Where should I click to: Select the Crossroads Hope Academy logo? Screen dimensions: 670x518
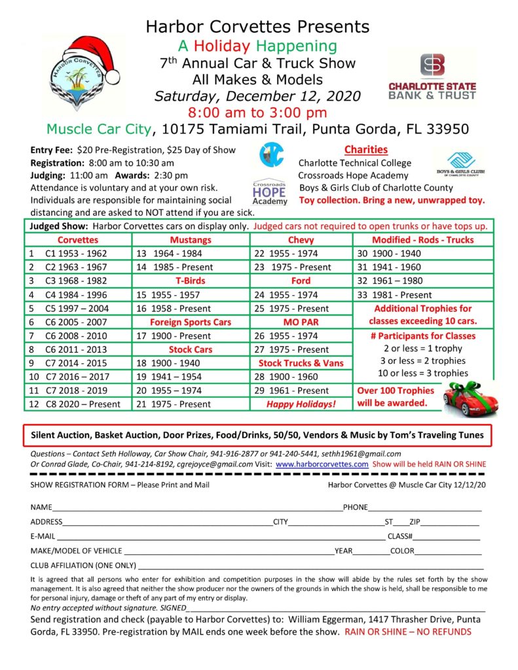click(270, 192)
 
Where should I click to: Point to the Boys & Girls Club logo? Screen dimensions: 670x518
click(466, 164)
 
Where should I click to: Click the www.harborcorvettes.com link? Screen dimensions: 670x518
click(322, 464)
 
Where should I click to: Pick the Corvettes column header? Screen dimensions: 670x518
click(77, 239)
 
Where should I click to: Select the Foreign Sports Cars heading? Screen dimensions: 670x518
click(190, 322)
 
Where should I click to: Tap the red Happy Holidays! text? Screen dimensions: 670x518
click(301, 404)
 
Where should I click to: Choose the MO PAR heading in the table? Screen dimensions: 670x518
click(301, 322)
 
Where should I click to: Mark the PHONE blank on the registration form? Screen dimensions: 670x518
click(424, 508)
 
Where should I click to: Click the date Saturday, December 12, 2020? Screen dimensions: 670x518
click(257, 96)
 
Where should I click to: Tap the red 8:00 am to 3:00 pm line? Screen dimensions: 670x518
click(257, 112)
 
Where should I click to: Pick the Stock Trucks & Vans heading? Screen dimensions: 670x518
click(301, 363)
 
